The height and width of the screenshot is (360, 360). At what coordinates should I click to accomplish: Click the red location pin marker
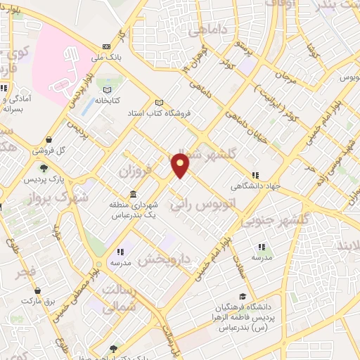pos(181,165)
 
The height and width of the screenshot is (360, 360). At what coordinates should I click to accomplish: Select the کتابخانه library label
pos(107,100)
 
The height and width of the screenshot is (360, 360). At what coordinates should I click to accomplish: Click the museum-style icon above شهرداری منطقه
pos(133,195)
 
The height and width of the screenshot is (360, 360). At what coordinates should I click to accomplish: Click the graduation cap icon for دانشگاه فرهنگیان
pos(243,297)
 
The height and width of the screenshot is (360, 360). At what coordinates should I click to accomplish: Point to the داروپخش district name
pos(165,259)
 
